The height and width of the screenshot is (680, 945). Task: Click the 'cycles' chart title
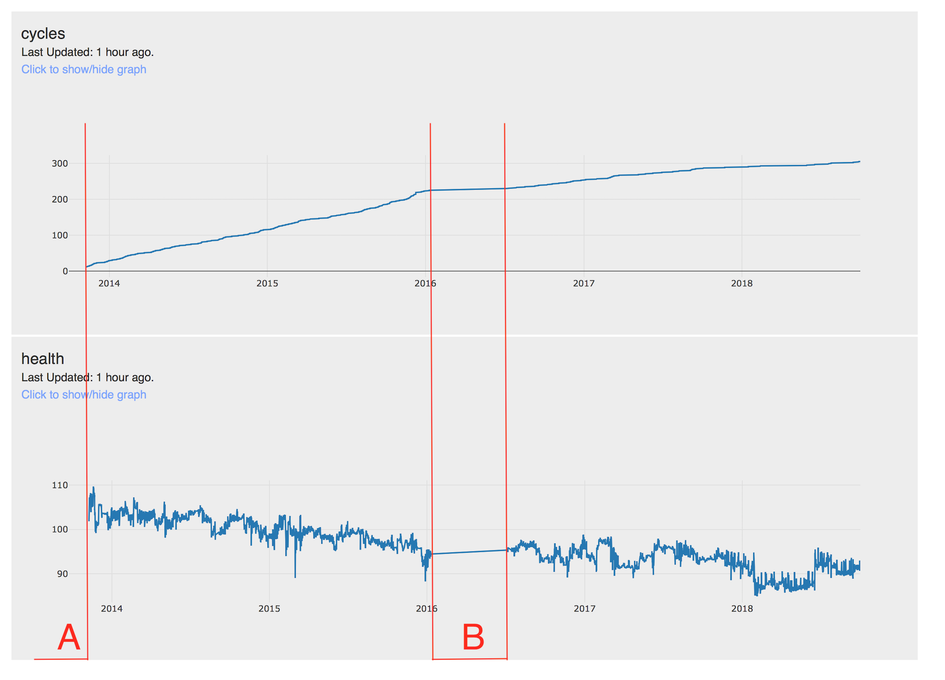(x=43, y=34)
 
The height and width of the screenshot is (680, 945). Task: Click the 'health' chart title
(x=43, y=359)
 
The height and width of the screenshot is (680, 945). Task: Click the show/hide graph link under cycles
(x=84, y=70)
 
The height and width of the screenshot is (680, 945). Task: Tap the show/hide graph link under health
(x=84, y=395)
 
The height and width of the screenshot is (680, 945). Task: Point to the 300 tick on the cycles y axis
(x=60, y=164)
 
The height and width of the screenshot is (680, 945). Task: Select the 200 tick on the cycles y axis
(x=60, y=200)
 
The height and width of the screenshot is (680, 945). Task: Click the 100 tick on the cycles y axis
(x=60, y=235)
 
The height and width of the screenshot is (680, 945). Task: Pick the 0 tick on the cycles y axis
(x=65, y=271)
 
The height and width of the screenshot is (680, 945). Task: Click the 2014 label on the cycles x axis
(x=109, y=284)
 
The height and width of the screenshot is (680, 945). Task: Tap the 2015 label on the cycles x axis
(x=267, y=284)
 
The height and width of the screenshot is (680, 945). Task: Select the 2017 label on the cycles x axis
(x=584, y=284)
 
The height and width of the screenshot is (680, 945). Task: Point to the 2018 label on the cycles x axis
(x=742, y=284)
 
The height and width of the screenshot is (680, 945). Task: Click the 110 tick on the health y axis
(x=60, y=485)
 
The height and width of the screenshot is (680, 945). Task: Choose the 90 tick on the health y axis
(x=62, y=574)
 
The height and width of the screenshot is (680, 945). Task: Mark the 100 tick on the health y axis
(x=60, y=530)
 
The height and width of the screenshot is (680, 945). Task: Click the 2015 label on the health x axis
(x=269, y=609)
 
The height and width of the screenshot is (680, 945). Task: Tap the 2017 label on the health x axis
(x=585, y=609)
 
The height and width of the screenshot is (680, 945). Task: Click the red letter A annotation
(x=69, y=637)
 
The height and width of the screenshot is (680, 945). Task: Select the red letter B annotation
(x=473, y=637)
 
